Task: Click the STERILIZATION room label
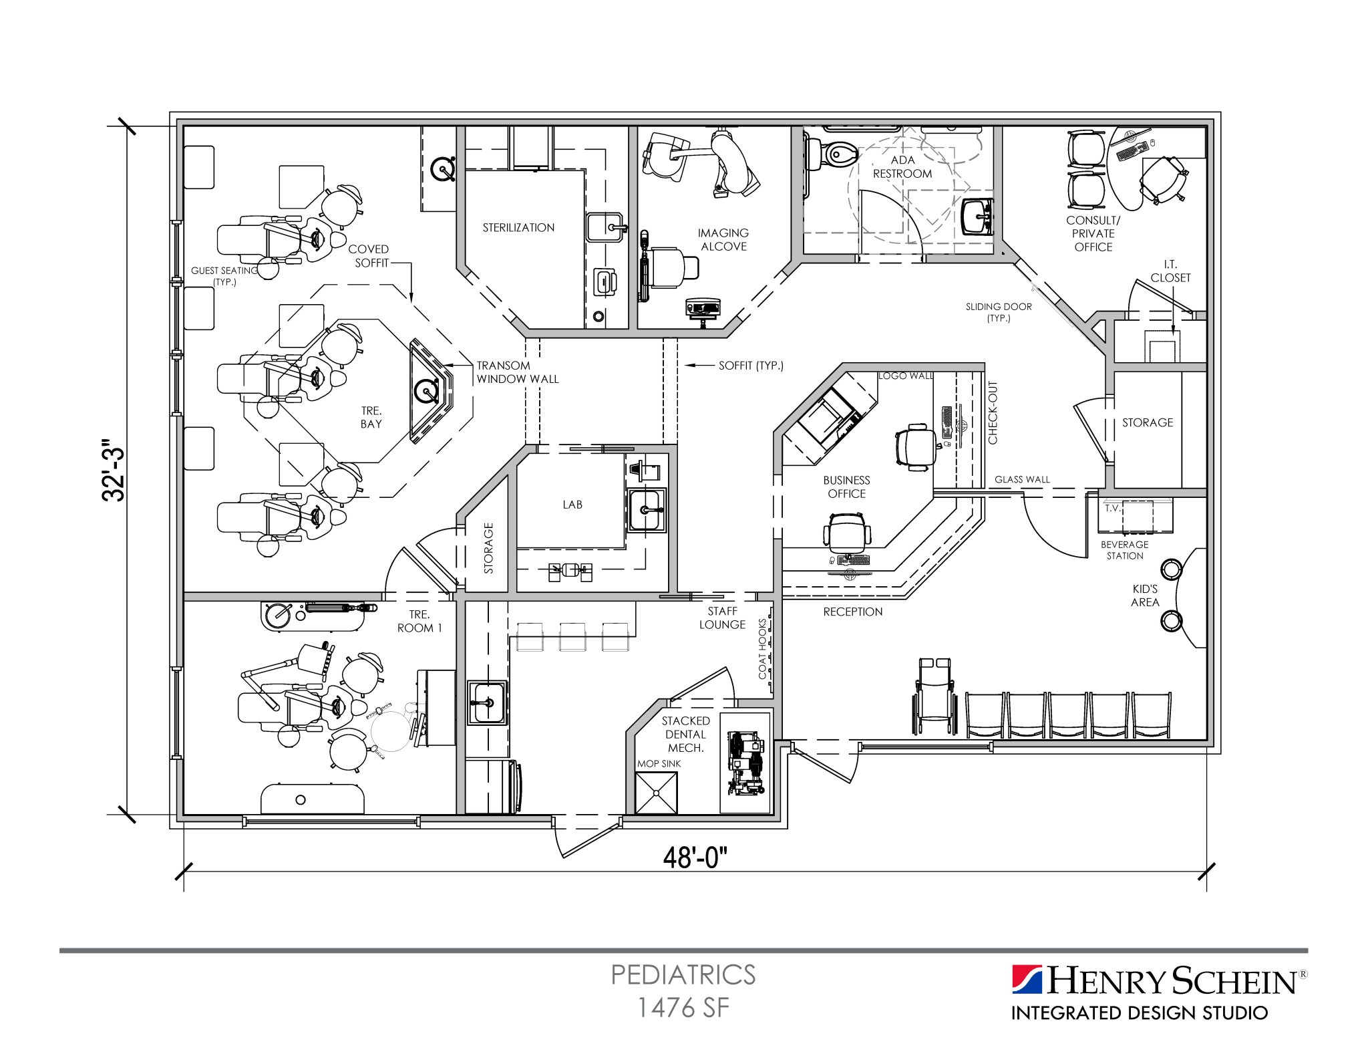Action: click(518, 227)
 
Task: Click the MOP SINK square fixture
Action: click(655, 793)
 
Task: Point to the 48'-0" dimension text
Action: click(695, 857)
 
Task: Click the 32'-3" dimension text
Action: click(114, 470)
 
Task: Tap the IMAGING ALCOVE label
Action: click(723, 239)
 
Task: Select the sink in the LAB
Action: click(645, 510)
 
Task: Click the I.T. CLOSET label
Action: click(1170, 271)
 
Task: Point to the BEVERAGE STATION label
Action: click(1125, 550)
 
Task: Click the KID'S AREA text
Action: click(1145, 596)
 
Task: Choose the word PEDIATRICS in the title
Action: click(683, 974)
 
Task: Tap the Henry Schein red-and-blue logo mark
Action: click(1027, 980)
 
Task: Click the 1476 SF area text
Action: click(683, 1008)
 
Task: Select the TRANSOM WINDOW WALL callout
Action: click(517, 372)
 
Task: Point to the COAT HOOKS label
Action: click(763, 648)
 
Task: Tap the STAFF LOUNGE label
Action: click(722, 618)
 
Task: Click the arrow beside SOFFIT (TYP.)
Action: click(699, 366)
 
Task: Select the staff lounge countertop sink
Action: click(486, 702)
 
